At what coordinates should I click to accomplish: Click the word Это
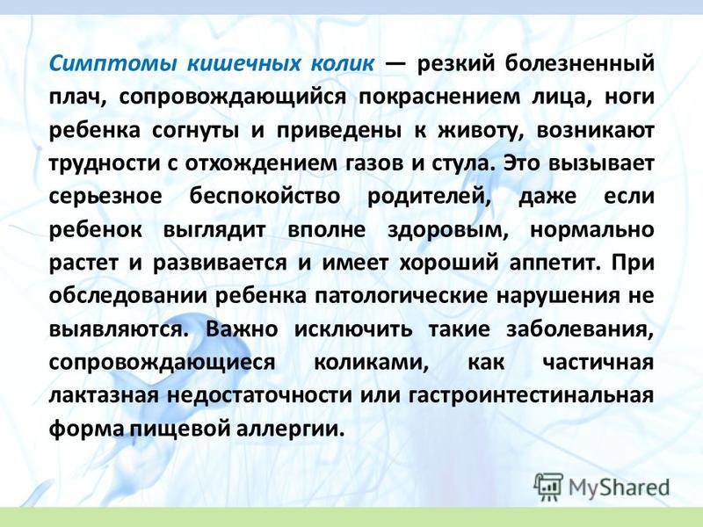click(519, 162)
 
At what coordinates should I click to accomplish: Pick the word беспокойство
click(265, 196)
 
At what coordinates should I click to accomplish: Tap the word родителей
click(429, 197)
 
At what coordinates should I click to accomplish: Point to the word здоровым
click(448, 230)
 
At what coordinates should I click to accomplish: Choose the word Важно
click(242, 328)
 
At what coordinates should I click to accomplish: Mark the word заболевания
click(580, 330)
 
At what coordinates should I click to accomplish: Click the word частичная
click(598, 362)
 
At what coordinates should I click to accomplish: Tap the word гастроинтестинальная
click(532, 396)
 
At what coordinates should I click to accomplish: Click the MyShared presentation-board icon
click(548, 486)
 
